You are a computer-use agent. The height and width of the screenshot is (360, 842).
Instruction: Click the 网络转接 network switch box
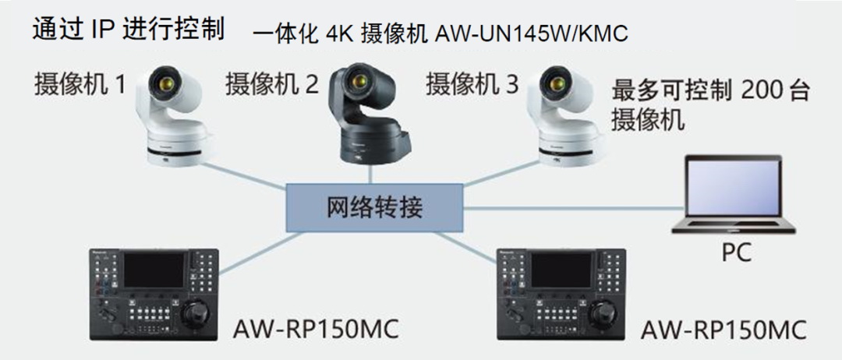(373, 208)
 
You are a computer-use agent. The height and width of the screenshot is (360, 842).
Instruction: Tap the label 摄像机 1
(80, 83)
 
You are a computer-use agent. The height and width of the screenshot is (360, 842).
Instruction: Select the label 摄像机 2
(272, 83)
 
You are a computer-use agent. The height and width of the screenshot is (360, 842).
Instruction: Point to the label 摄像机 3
(472, 83)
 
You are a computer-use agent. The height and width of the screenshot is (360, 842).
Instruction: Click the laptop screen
(732, 187)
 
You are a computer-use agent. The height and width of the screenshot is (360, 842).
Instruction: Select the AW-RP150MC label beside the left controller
(316, 329)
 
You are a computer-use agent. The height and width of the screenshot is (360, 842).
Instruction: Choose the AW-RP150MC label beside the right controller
(723, 329)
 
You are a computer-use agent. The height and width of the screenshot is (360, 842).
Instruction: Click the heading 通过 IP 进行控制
(129, 29)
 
